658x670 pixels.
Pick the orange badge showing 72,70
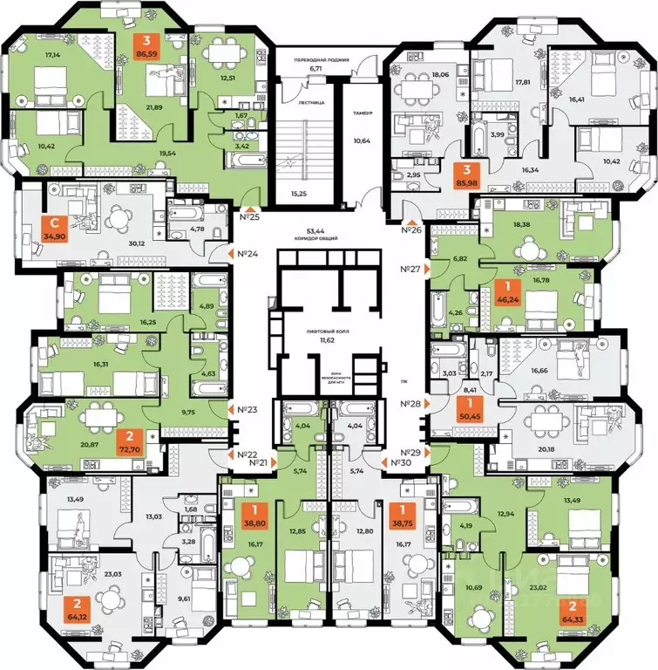(x=129, y=445)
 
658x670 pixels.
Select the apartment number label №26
(x=411, y=229)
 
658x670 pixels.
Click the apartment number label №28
(x=410, y=404)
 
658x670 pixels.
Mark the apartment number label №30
(x=397, y=462)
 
